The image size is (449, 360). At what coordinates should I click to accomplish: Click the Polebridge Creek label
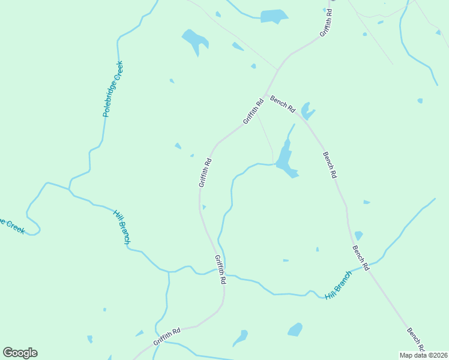point(112,88)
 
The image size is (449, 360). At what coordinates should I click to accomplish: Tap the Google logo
point(20,353)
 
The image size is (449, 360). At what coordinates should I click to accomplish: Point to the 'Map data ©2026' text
point(424,355)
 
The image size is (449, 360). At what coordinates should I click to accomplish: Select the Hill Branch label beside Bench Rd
point(338,286)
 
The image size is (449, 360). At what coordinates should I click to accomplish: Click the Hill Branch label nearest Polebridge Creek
point(122,227)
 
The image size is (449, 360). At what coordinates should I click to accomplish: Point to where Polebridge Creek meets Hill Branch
point(69,190)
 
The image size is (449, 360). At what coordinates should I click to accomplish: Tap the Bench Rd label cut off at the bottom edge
point(416,340)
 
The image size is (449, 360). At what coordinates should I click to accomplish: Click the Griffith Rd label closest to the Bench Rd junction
point(253,111)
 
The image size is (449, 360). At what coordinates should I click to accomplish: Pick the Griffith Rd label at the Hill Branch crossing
point(220,269)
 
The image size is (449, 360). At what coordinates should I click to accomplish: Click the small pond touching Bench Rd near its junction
point(307,111)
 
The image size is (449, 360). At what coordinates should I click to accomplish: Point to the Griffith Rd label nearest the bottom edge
point(167,336)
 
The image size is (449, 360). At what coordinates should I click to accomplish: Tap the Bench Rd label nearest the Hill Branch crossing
point(360,257)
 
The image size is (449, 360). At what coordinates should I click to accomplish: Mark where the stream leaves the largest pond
point(276,163)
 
